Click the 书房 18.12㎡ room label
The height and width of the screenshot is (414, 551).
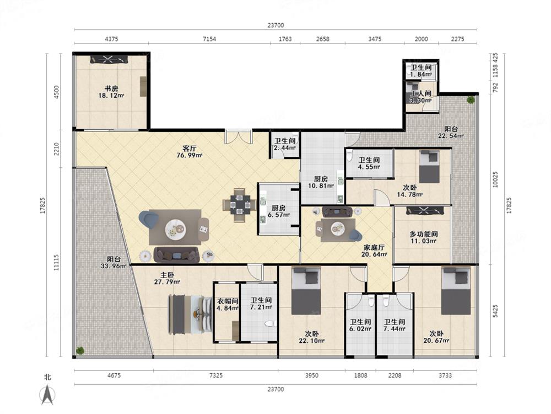(111, 92)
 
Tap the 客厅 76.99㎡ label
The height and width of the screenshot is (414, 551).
(190, 152)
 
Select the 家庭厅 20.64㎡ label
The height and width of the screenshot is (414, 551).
(374, 251)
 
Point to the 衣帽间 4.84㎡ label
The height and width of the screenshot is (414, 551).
(228, 305)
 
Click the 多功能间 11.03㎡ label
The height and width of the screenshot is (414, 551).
(423, 237)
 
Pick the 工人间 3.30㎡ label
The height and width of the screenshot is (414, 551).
(421, 97)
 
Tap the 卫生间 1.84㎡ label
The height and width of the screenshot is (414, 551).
(421, 71)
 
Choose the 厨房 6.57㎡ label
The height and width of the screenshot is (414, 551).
(278, 211)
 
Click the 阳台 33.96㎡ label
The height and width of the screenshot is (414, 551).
(114, 263)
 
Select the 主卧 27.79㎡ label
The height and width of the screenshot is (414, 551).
(168, 278)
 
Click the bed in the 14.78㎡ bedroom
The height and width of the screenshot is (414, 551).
(429, 166)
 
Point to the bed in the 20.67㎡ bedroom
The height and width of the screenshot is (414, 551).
(456, 291)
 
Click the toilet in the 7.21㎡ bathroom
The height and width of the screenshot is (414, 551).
(270, 323)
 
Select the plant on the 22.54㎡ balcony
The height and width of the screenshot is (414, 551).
(470, 99)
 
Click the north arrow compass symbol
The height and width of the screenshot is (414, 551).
(47, 394)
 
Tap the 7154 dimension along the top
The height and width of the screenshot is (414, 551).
(209, 39)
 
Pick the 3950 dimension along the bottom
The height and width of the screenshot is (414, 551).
(311, 375)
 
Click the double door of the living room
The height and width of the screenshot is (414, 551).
(239, 136)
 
